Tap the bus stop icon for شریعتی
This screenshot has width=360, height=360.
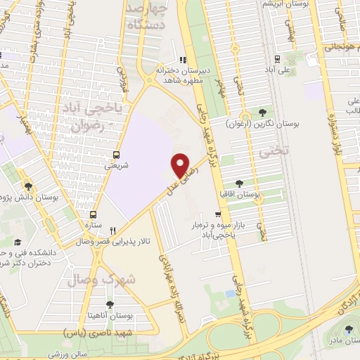coord(117,155)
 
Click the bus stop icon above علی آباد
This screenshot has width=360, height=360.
coord(278,59)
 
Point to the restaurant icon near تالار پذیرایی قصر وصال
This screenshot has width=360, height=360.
coord(112,230)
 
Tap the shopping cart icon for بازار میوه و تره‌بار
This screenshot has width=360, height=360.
coord(219,214)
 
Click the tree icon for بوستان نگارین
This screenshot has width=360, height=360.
coord(263,112)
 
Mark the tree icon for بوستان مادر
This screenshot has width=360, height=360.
coord(350,330)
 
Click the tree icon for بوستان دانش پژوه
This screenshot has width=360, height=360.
coord(28,186)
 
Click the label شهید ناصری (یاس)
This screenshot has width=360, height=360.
coord(94,330)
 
